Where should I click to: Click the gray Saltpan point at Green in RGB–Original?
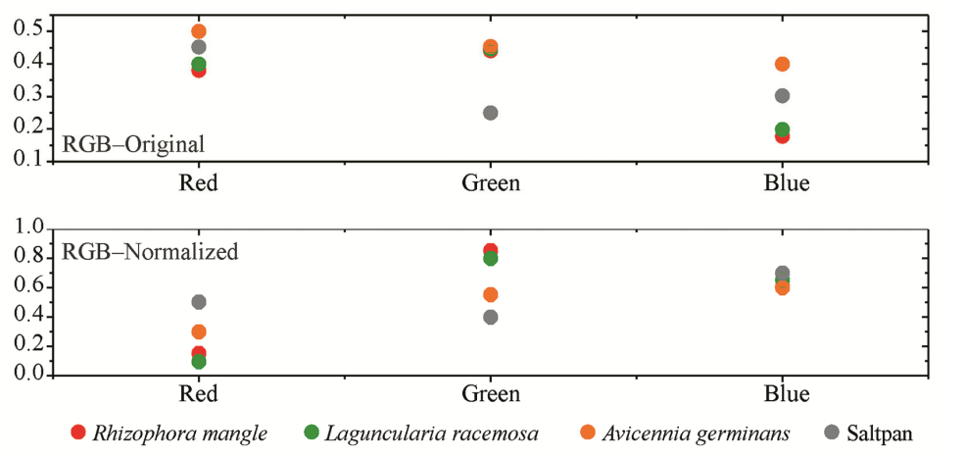490,113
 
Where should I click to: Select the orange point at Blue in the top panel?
782,64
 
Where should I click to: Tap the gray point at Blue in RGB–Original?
782,96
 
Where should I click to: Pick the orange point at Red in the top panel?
199,31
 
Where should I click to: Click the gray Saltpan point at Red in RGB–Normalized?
199,302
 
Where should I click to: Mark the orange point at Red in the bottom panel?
199,331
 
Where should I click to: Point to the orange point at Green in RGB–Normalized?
490,294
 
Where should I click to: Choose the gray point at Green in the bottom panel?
490,317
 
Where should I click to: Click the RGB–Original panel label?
133,144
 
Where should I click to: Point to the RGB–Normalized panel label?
150,251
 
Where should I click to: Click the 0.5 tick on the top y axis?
29,31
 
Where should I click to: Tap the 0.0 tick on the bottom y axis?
29,375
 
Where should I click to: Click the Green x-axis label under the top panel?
490,183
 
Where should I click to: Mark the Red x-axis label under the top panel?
199,183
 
